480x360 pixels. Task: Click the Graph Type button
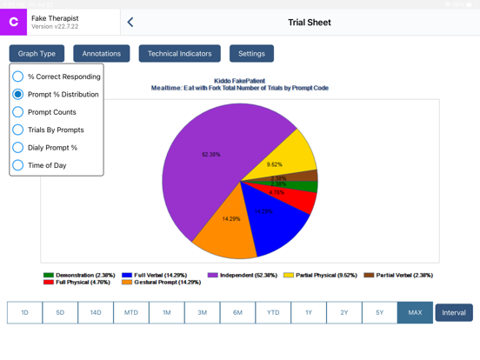coord(37,54)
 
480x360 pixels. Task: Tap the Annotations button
coord(102,54)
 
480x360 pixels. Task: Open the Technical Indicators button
coord(179,54)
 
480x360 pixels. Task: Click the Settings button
coord(251,54)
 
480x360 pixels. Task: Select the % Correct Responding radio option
coord(18,77)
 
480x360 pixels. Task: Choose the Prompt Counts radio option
coord(18,112)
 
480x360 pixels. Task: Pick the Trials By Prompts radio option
coord(18,130)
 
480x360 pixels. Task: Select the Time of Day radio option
coord(18,165)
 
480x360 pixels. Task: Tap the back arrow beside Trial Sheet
coord(130,23)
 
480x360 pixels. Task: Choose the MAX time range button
coord(415,312)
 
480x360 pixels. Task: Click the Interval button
coord(454,312)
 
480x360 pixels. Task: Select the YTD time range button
coord(273,312)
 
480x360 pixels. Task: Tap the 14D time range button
coord(96,312)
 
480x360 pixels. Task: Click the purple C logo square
coord(13,23)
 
